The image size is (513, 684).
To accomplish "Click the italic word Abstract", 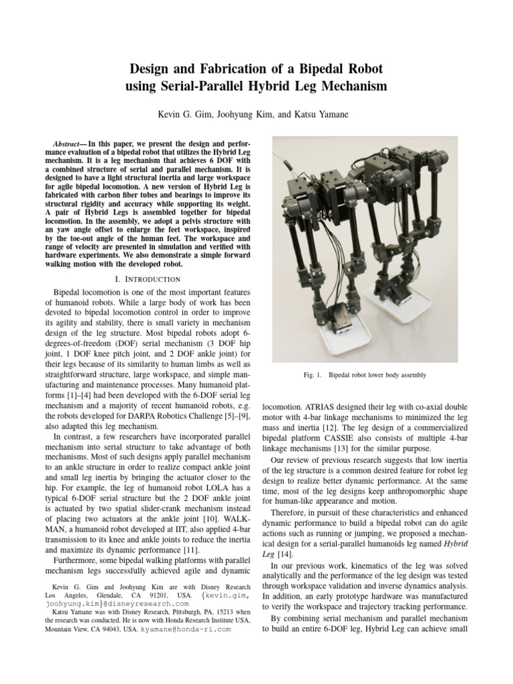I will [x=69, y=144].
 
